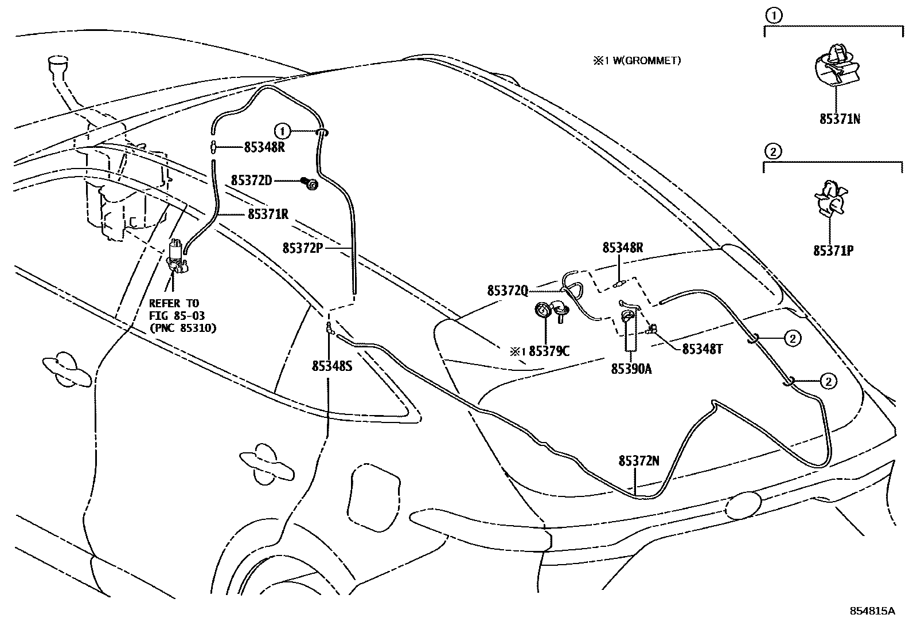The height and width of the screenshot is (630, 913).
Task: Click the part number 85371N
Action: click(840, 119)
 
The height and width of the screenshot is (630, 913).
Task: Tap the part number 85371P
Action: click(833, 251)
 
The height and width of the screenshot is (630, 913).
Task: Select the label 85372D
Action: click(251, 180)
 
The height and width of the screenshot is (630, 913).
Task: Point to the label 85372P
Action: click(303, 248)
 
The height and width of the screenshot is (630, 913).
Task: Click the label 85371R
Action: click(268, 214)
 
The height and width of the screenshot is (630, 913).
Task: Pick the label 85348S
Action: click(331, 365)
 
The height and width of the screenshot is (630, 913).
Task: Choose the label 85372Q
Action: click(508, 291)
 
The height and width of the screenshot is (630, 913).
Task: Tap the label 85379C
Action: click(549, 351)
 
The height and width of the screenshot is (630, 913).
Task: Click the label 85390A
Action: click(631, 369)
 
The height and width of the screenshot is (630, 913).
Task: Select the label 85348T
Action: click(701, 349)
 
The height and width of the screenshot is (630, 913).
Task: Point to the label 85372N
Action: click(639, 460)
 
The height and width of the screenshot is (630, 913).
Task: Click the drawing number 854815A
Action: click(872, 611)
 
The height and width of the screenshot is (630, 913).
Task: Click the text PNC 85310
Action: click(182, 328)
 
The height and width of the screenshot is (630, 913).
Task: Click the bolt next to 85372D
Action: click(311, 183)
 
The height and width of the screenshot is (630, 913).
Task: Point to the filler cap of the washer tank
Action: click(58, 62)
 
